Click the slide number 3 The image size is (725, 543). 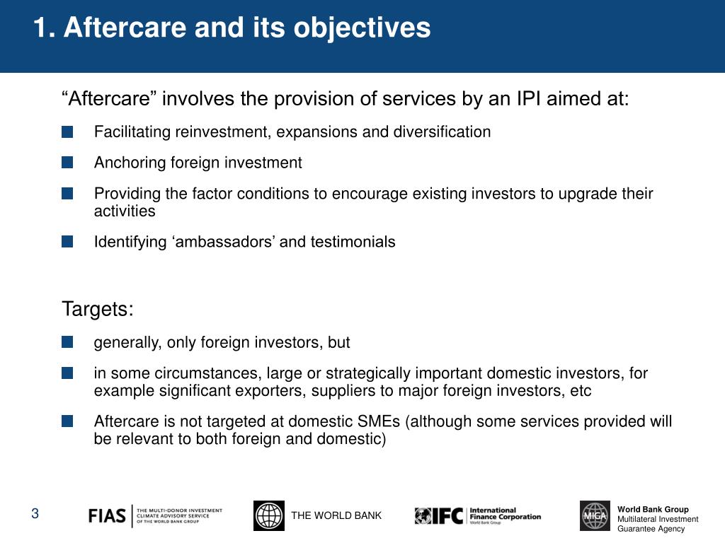click(35, 514)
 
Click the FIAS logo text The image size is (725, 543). click(107, 516)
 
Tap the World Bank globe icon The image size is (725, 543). click(268, 515)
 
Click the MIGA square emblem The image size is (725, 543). click(594, 515)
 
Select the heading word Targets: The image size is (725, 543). click(98, 310)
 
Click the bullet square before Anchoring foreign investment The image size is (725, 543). click(67, 163)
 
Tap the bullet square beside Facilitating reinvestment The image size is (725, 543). click(67, 132)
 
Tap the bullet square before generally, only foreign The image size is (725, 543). click(67, 343)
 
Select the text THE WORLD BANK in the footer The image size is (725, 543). click(336, 515)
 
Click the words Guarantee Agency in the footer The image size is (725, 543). click(651, 529)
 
